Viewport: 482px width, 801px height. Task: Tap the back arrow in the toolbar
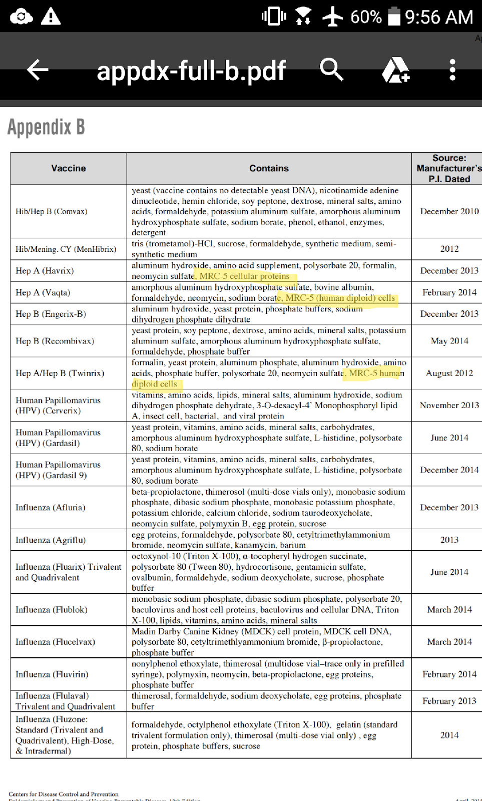[x=38, y=70]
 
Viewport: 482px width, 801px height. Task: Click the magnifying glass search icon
[x=331, y=70]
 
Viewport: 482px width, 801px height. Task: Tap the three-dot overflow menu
[x=452, y=70]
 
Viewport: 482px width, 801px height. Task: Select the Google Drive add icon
[x=395, y=70]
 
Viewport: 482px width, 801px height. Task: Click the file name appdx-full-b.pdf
[x=191, y=71]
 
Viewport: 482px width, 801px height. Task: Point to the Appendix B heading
[x=46, y=127]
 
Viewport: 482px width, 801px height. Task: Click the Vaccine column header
[x=69, y=168]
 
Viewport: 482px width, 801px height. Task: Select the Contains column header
[x=269, y=168]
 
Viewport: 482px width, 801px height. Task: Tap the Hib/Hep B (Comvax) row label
[x=51, y=211]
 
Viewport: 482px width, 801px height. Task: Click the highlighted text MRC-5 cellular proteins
[x=245, y=276]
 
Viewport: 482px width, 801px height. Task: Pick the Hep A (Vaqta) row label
[x=43, y=292]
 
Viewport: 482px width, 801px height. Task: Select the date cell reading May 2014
[x=449, y=341]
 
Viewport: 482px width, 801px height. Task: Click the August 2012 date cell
[x=449, y=373]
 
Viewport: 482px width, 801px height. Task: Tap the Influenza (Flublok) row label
[x=51, y=610]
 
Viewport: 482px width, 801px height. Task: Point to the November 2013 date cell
[x=449, y=405]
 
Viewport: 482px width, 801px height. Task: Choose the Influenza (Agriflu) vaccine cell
[x=51, y=540]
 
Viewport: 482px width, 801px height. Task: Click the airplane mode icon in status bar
[x=332, y=17]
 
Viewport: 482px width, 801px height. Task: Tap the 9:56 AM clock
[x=439, y=17]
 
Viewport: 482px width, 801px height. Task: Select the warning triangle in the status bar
[x=51, y=17]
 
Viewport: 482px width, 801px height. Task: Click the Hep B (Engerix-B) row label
[x=51, y=314]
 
